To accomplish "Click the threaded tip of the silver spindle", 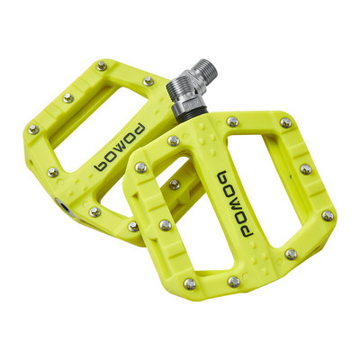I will (x=203, y=70).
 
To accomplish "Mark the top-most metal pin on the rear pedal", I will (x=102, y=66).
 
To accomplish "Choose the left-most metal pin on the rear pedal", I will (x=33, y=130).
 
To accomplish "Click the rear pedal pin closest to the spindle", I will (x=148, y=81).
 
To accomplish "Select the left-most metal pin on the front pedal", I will (x=139, y=166).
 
